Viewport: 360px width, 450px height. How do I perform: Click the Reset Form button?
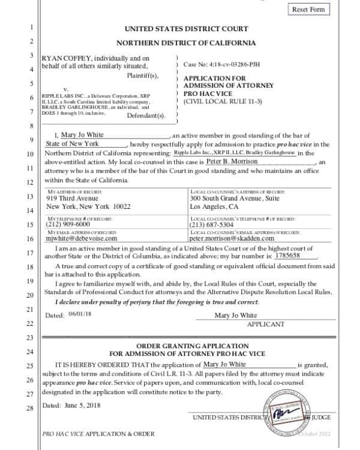pyautogui.click(x=309, y=10)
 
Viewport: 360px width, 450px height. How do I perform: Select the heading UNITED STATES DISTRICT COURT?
pyautogui.click(x=185, y=29)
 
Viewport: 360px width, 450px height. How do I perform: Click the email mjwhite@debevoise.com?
pyautogui.click(x=82, y=238)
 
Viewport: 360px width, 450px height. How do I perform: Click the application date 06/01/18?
pyautogui.click(x=78, y=314)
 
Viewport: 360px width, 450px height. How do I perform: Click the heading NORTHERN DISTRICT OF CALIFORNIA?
pyautogui.click(x=185, y=43)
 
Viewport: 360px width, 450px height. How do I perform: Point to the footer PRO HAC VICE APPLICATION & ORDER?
pyautogui.click(x=98, y=434)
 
